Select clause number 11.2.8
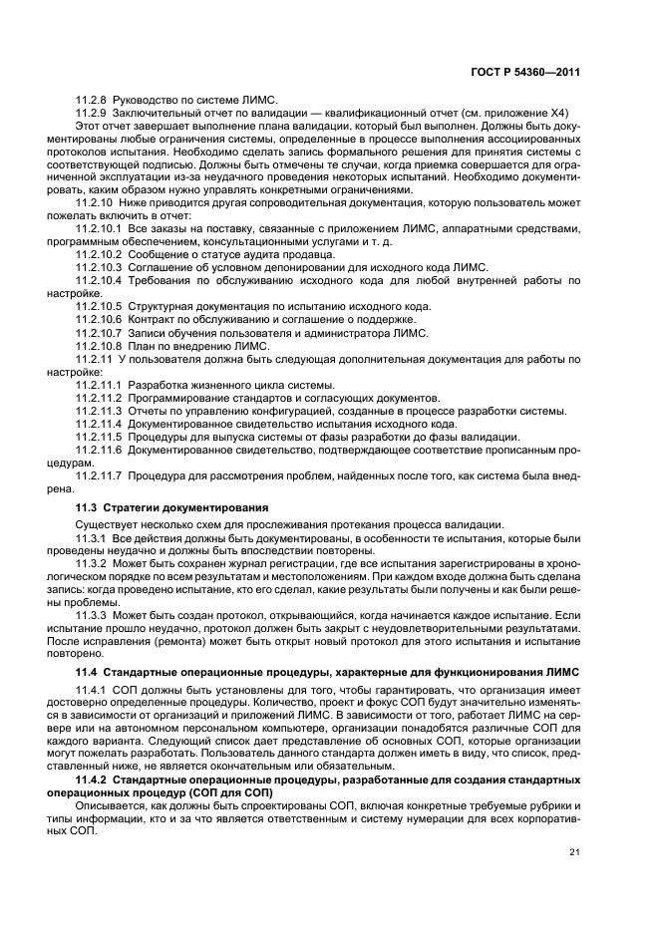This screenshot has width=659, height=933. point(93,102)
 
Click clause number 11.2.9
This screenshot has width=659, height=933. point(93,114)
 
